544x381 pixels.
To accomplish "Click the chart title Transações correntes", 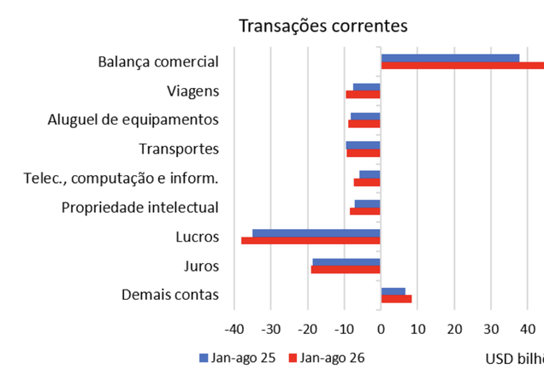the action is (x=323, y=26).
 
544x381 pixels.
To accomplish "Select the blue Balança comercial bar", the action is (x=450, y=58).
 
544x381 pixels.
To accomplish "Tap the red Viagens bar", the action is (x=363, y=94).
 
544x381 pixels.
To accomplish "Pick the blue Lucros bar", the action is (x=316, y=233).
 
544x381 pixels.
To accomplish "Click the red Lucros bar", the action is (x=310, y=240).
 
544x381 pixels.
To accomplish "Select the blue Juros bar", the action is (x=346, y=262).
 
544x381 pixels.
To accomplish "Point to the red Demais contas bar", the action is (x=397, y=299).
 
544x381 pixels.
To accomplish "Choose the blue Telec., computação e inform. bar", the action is (x=370, y=174).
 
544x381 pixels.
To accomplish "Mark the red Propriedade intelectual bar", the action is (x=365, y=211).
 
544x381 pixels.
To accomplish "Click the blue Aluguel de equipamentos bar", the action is (x=365, y=116).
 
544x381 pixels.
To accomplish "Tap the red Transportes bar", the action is (x=364, y=153).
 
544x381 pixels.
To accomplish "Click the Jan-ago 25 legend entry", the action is (x=237, y=358).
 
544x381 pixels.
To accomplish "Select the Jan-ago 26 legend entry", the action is (x=327, y=358).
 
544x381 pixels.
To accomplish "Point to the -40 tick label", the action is (x=234, y=330).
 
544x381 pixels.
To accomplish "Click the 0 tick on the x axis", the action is (x=381, y=330).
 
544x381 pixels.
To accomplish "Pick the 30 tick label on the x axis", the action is (x=491, y=330).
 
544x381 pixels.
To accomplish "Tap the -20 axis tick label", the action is (x=308, y=330).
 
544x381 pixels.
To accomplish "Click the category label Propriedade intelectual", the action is (x=140, y=208).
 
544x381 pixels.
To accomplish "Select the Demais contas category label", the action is (x=170, y=295).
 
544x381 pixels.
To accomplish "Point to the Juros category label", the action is (x=202, y=267).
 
